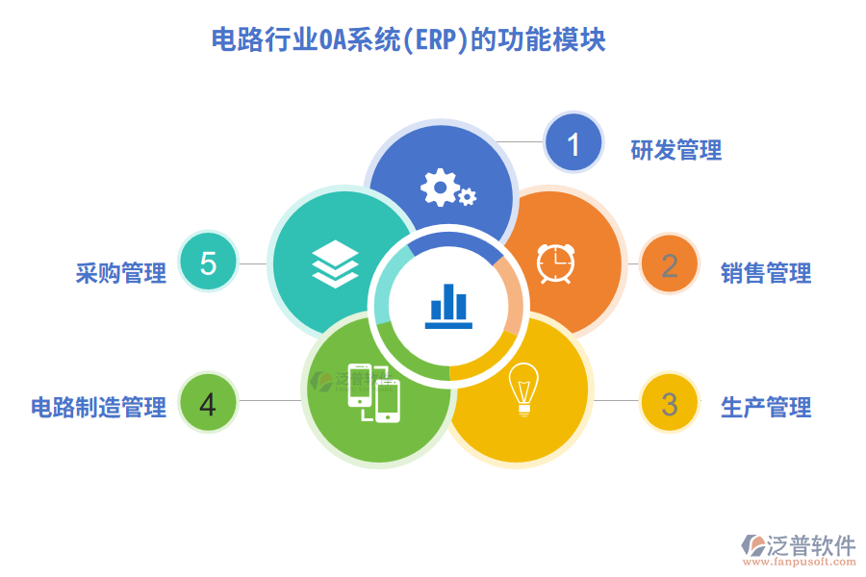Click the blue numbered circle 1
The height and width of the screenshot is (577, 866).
click(573, 143)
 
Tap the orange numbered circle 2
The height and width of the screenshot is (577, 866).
click(669, 264)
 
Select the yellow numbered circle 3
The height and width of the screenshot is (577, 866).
click(669, 403)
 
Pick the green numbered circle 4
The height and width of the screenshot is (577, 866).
click(208, 403)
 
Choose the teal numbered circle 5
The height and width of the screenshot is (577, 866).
click(208, 263)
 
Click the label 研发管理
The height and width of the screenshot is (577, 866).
click(675, 150)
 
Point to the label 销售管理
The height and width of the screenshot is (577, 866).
click(766, 273)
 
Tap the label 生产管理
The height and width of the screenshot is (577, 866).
click(766, 407)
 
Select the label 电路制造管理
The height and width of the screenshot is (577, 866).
click(98, 407)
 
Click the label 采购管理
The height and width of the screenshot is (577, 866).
click(120, 273)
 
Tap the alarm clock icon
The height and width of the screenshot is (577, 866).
click(555, 262)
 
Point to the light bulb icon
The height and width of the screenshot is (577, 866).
click(524, 389)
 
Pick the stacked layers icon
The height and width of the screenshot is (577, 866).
click(335, 263)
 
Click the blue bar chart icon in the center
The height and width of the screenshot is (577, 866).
click(448, 306)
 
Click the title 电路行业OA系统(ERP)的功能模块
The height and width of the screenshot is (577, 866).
click(408, 41)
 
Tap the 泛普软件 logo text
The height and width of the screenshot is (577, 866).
click(810, 545)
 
